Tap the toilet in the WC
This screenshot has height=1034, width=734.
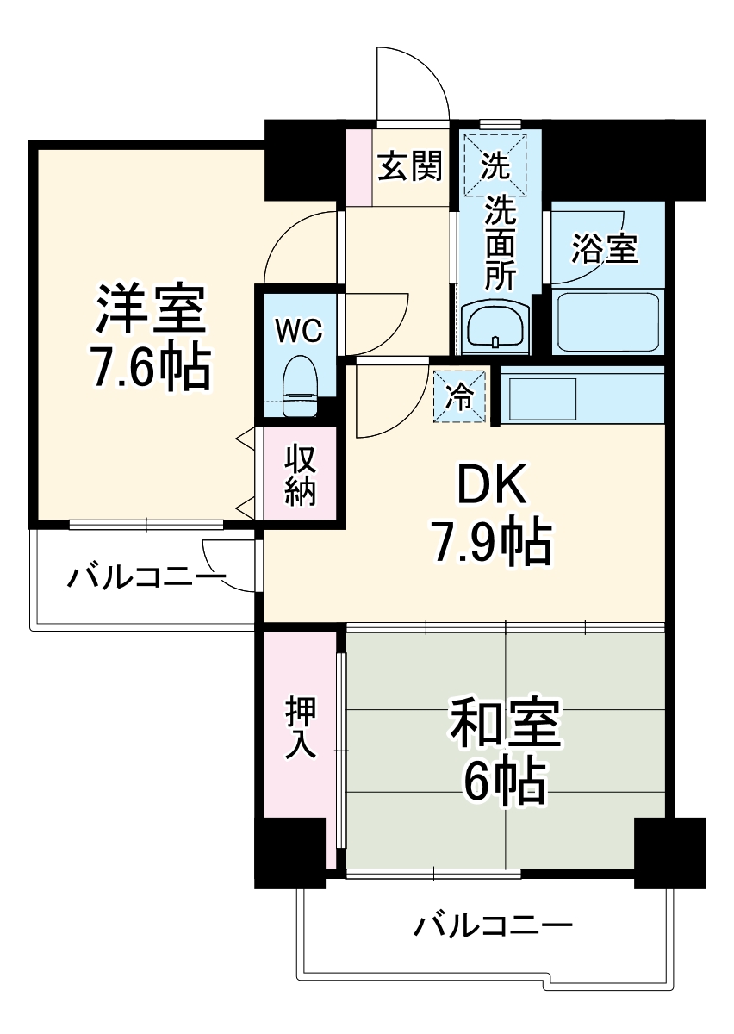click(301, 379)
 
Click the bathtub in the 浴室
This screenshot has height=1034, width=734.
click(606, 321)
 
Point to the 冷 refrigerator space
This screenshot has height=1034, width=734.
click(459, 396)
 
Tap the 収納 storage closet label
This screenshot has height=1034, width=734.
click(301, 475)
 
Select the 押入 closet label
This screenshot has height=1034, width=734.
click(301, 729)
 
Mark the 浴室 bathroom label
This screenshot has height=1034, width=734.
click(605, 248)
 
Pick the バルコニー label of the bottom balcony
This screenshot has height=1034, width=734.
click(493, 927)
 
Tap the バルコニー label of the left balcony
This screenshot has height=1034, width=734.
click(146, 578)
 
